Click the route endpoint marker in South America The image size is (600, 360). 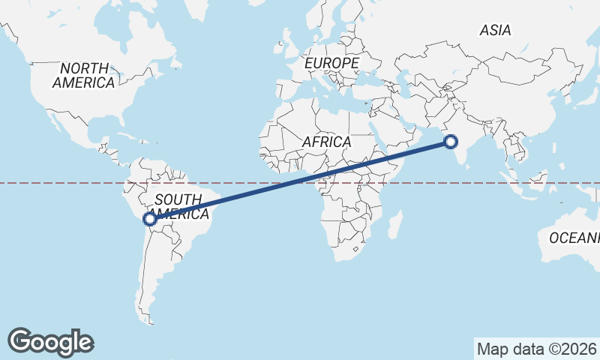150,219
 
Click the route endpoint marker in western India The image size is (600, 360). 451,141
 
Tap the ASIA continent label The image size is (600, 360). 495,31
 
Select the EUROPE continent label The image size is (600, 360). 331,64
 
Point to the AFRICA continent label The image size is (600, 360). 326,142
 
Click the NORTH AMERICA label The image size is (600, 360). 83,75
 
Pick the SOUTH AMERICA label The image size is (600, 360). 178,207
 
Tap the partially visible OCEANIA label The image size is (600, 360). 574,238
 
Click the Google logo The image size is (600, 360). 50,342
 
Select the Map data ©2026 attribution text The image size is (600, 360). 536,349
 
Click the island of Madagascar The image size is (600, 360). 394,224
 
